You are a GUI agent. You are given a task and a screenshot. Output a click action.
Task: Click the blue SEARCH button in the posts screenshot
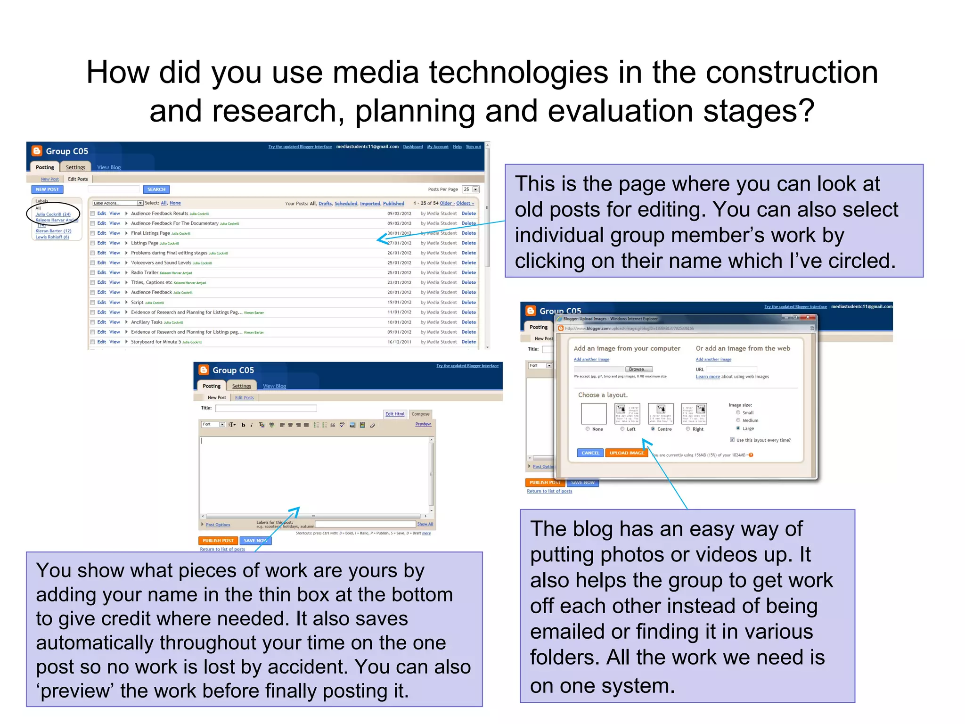coord(156,189)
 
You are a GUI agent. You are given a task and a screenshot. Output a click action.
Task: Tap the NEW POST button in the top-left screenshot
coord(47,189)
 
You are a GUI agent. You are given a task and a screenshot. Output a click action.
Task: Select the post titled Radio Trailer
coord(145,273)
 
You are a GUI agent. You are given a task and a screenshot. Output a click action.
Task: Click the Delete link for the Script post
coord(468,303)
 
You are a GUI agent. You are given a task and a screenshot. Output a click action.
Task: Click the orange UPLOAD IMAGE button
coord(626,453)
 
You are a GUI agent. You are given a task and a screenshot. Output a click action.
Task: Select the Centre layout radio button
coord(653,429)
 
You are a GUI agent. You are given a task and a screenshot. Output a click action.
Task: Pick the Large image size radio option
coord(738,428)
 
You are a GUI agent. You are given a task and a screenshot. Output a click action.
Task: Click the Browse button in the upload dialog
coord(638,369)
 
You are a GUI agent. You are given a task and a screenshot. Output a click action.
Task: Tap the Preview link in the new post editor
coord(423,424)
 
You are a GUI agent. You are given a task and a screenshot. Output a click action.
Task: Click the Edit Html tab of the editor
coord(395,414)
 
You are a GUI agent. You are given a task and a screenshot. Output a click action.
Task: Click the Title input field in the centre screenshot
coord(266,408)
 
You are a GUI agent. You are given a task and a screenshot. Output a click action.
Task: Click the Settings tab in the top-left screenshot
coord(75,167)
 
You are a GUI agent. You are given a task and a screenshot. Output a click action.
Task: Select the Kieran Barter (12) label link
coord(53,231)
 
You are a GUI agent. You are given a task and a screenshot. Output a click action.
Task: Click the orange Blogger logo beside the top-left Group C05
coord(37,151)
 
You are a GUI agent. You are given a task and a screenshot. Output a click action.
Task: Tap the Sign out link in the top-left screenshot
coord(473,147)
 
